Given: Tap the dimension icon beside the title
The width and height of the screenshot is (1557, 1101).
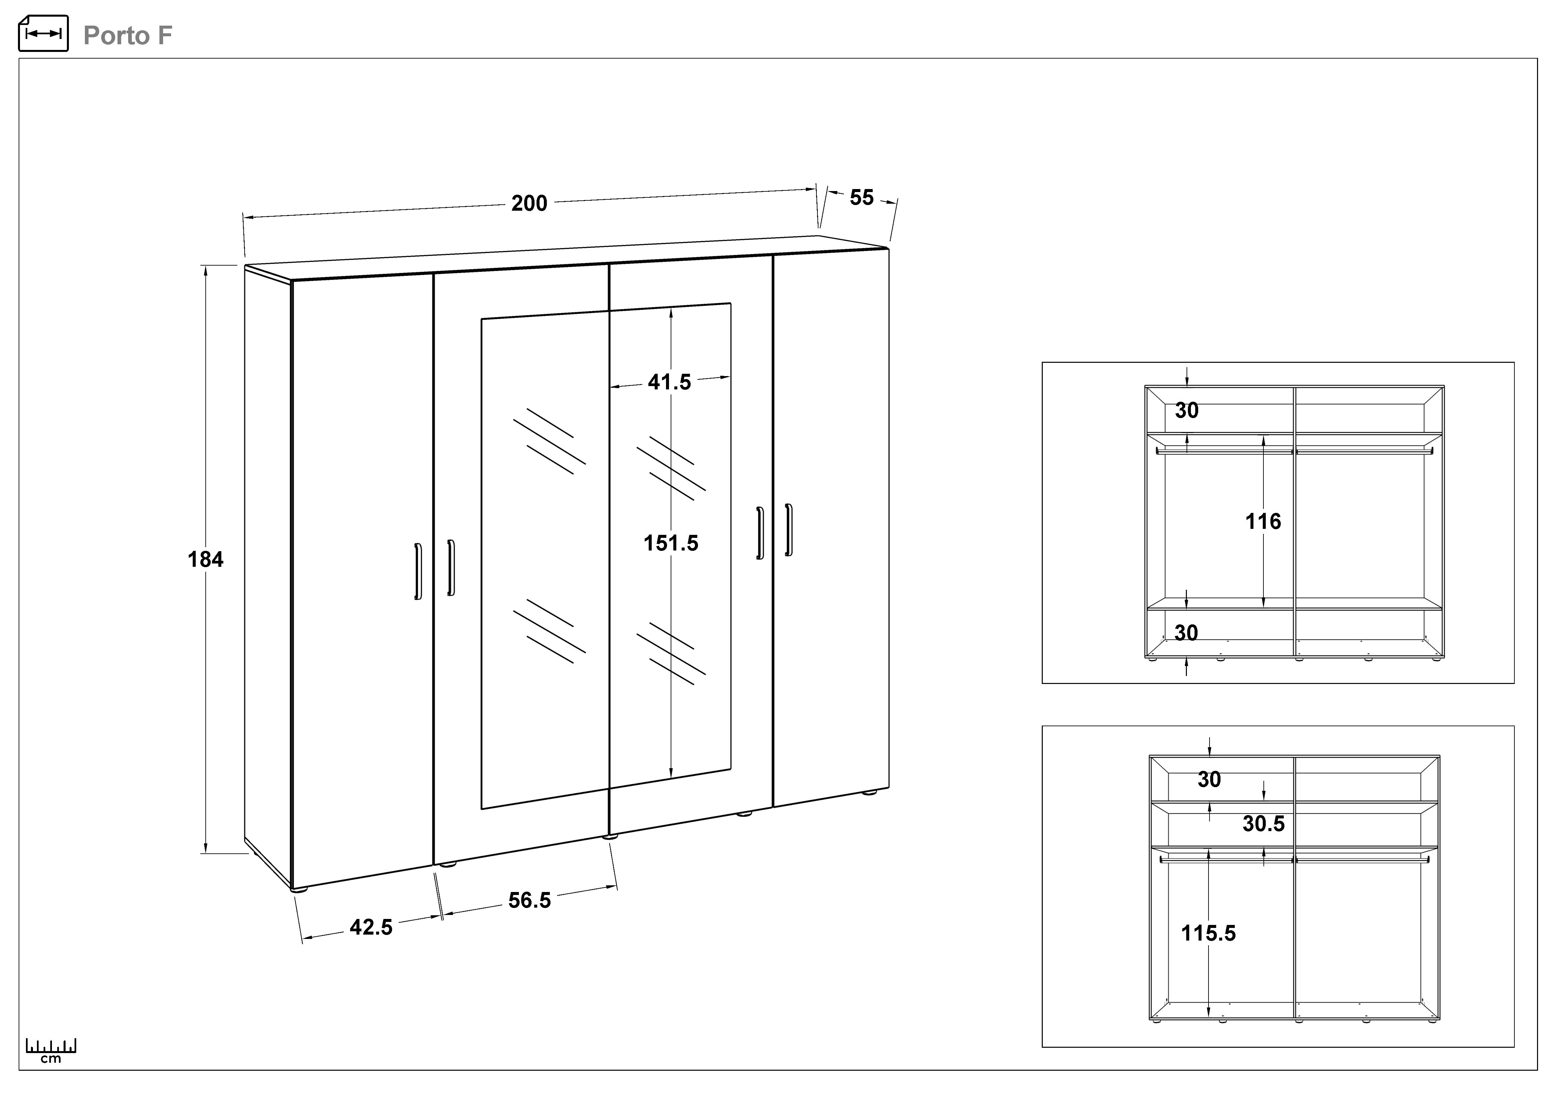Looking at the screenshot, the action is coord(43,33).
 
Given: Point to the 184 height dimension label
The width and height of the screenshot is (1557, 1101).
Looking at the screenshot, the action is coord(205,559).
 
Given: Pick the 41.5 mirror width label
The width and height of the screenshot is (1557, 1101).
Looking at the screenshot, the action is coord(669,382).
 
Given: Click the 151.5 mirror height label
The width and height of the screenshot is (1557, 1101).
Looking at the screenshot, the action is coord(671,543).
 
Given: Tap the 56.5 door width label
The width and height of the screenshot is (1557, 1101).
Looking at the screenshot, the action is coord(530,900).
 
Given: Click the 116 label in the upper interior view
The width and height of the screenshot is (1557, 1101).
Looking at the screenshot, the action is coord(1263,521).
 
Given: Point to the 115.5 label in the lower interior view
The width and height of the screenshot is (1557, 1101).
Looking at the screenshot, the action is coord(1209,934).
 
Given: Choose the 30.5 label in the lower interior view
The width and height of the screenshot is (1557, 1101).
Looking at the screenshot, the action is coord(1263,824).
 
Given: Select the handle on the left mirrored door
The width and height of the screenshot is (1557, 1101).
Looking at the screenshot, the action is coord(451,568).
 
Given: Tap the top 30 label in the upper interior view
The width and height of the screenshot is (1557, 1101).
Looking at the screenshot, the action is coord(1187,410).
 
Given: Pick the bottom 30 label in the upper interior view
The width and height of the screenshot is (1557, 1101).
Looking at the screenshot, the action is coord(1186,633).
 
